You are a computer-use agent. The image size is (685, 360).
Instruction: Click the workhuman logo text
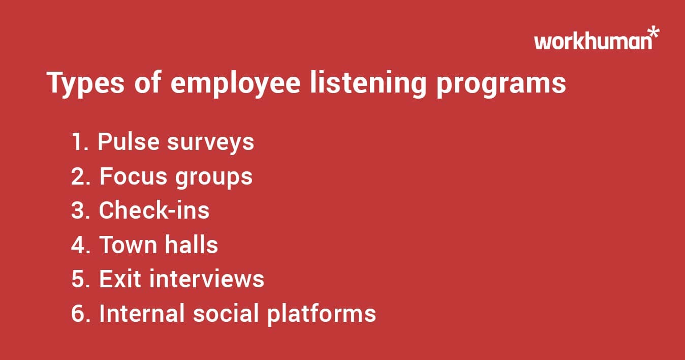[592, 41]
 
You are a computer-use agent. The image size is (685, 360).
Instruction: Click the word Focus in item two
[133, 176]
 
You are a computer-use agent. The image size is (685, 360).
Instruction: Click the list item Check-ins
[154, 211]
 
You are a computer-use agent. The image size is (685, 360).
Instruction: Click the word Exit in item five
[118, 279]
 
